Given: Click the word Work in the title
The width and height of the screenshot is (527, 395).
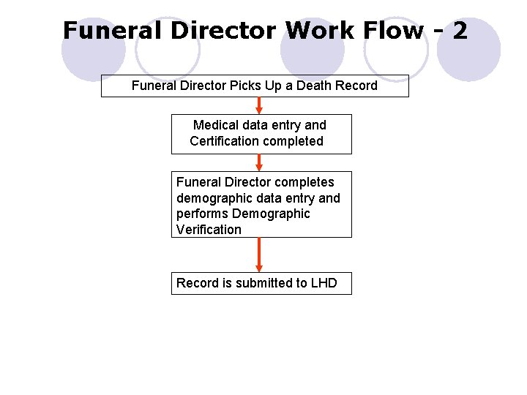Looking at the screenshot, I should click(x=316, y=31).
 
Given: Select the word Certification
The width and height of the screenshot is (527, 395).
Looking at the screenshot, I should click(x=223, y=141).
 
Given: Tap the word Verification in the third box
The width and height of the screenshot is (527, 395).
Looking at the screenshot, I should click(x=209, y=230).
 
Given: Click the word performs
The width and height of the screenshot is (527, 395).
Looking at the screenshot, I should click(x=202, y=214).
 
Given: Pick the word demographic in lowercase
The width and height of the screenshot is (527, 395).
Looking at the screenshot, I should click(x=211, y=198).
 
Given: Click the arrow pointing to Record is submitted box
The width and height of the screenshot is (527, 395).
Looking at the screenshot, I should click(x=259, y=255).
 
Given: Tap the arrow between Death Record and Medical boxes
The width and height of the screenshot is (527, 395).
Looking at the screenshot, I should click(x=259, y=106).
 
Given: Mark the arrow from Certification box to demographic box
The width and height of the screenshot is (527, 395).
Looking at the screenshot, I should click(x=259, y=162).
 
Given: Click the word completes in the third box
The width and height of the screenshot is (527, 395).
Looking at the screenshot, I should click(x=304, y=182).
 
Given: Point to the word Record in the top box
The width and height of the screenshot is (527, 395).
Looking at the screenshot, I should click(x=356, y=86).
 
